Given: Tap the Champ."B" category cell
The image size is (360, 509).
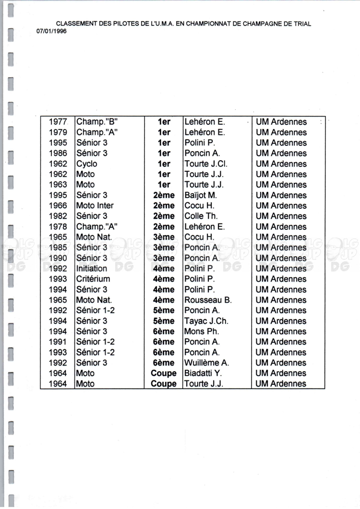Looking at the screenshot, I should [97, 122].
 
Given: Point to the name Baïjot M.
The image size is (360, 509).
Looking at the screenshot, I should [201, 195].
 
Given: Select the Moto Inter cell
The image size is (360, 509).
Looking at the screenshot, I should [95, 206].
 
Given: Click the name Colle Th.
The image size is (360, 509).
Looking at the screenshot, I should [201, 216].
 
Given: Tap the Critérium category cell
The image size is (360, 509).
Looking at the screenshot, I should [93, 279].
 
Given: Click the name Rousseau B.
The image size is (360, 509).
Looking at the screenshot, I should [208, 300].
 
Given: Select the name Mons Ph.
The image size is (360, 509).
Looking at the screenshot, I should [202, 331].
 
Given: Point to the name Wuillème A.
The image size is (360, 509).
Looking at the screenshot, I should [207, 363].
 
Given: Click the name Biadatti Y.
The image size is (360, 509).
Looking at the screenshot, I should [204, 373].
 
